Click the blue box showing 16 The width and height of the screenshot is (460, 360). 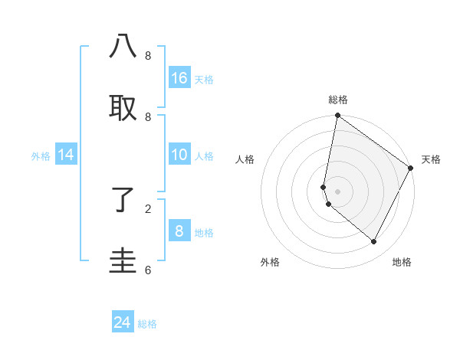pos(179,77)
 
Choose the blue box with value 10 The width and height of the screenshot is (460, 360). pos(179,155)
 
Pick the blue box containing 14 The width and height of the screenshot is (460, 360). pos(66,155)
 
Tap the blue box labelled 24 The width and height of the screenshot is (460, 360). pos(123,322)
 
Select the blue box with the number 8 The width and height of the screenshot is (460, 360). pos(179,231)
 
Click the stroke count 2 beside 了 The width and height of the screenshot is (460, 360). pos(148,208)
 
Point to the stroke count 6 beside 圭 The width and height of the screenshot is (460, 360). pos(148,270)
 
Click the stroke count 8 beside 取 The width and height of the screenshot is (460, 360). pos(148,116)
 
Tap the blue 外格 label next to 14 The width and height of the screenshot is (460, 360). pos(41,155)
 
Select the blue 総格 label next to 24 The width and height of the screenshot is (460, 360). pos(147,324)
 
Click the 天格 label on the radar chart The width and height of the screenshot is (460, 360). pos(431,159)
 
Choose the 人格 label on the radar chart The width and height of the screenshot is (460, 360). pos(245,159)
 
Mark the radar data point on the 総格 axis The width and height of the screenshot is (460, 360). pos(337,116)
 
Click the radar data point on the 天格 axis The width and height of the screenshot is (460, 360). pos(411,168)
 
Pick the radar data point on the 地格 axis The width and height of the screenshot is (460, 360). pos(374,242)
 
